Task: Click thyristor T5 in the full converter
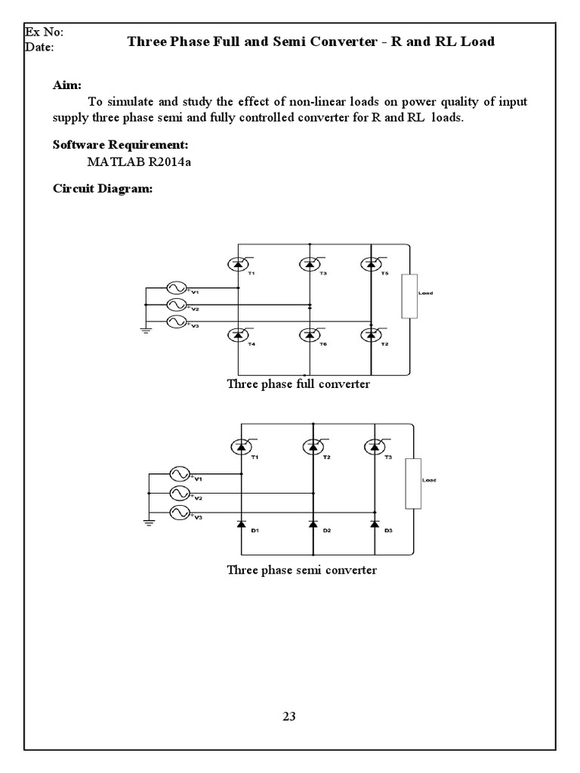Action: [370, 263]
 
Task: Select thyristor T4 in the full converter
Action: [239, 334]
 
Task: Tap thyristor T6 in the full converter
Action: [308, 334]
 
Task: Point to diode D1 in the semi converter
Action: [242, 523]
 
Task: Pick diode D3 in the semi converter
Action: [373, 523]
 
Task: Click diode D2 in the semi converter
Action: [312, 523]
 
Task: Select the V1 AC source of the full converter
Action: [177, 288]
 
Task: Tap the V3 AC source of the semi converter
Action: [180, 513]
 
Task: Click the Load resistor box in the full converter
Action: [409, 296]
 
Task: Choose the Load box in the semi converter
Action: [412, 483]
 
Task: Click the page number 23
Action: [289, 716]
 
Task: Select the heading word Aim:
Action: [67, 86]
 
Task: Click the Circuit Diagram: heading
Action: [103, 189]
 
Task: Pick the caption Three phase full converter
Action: [298, 383]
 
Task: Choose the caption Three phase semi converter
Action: [301, 570]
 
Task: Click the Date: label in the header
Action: [40, 47]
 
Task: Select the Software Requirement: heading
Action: [120, 145]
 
